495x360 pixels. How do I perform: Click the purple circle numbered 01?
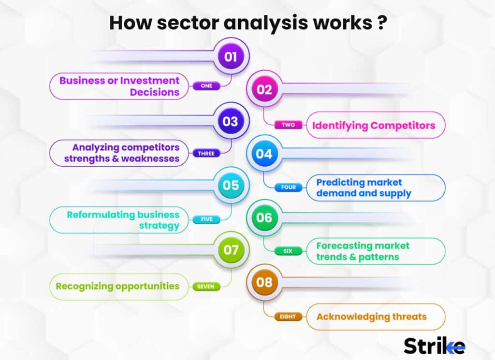(231, 57)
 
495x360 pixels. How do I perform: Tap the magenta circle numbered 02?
(264, 89)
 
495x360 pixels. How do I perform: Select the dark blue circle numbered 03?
(231, 121)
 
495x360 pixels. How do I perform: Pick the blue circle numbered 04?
(264, 154)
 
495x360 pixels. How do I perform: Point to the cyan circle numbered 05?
(231, 186)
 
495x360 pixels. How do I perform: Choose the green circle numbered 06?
(264, 218)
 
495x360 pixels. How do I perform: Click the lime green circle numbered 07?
(231, 250)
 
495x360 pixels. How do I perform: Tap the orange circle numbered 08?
(264, 282)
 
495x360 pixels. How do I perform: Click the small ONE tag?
(206, 86)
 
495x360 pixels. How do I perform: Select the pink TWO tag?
(289, 125)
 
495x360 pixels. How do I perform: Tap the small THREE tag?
(206, 154)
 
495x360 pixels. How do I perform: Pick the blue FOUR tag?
(289, 187)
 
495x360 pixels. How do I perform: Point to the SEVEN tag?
(206, 287)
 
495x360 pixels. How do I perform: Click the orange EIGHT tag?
(289, 317)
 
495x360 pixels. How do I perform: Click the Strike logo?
(434, 346)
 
